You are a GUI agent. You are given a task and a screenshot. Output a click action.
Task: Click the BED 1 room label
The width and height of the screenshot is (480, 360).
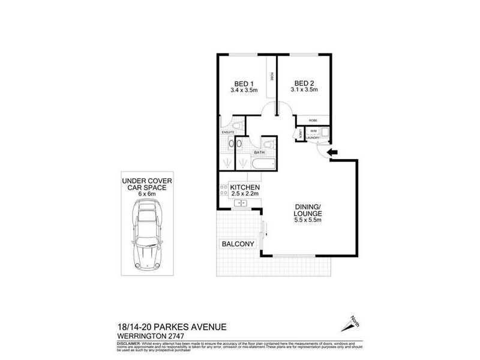[244, 83]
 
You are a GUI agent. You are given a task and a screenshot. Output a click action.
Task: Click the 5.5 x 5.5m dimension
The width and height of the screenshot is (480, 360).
[308, 220]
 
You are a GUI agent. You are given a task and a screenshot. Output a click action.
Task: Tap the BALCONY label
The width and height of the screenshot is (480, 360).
[238, 244]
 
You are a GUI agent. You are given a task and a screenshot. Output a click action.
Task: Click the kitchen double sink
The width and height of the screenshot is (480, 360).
[241, 203]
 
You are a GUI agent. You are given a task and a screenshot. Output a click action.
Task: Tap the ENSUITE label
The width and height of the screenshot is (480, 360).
[227, 132]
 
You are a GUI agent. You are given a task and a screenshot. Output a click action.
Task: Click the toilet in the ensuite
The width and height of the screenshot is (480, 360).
[238, 125]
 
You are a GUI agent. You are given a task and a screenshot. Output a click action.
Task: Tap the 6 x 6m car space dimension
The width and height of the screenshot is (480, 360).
[144, 194]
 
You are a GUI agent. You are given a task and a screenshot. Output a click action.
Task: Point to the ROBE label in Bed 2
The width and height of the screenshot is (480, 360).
[313, 121]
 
